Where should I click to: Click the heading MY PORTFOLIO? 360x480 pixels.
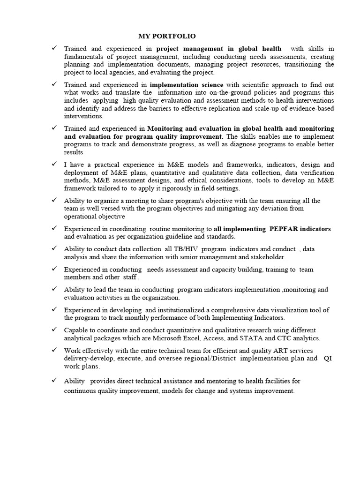[167, 36]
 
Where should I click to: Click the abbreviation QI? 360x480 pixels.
[328, 359]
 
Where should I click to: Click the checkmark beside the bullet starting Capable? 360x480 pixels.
[54, 330]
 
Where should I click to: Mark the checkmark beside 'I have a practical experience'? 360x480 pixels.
[54, 164]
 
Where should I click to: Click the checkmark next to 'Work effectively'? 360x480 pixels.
[54, 350]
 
